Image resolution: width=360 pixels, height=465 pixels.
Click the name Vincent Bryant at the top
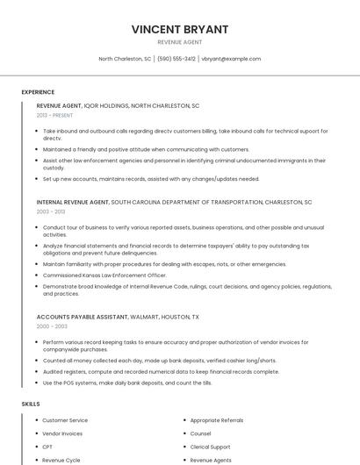(180, 29)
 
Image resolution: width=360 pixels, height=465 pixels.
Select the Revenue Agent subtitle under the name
(180, 42)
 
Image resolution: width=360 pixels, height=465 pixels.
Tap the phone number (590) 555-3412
(176, 59)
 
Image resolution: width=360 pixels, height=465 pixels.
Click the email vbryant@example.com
(231, 59)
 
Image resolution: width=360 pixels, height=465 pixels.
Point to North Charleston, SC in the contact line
(125, 59)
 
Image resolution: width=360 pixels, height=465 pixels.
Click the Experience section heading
(38, 92)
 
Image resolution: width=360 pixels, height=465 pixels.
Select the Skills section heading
(31, 404)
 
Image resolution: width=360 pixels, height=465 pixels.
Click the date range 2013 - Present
(54, 115)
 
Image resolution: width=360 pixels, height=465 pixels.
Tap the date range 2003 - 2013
(51, 211)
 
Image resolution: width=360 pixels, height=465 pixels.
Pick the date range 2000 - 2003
(51, 325)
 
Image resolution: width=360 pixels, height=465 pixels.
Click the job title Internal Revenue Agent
(73, 202)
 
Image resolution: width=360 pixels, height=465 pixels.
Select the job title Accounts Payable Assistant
(82, 316)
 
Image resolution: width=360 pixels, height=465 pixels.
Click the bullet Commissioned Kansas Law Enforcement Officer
(104, 275)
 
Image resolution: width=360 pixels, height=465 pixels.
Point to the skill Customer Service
(65, 420)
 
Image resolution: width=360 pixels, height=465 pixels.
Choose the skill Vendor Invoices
(62, 433)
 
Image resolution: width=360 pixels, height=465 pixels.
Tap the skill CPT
(47, 447)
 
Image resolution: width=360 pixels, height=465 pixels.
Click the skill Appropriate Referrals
(217, 420)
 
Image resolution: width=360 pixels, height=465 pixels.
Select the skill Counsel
(200, 433)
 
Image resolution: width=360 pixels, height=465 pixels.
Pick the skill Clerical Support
(210, 447)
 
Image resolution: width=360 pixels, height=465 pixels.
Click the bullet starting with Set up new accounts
(150, 178)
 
